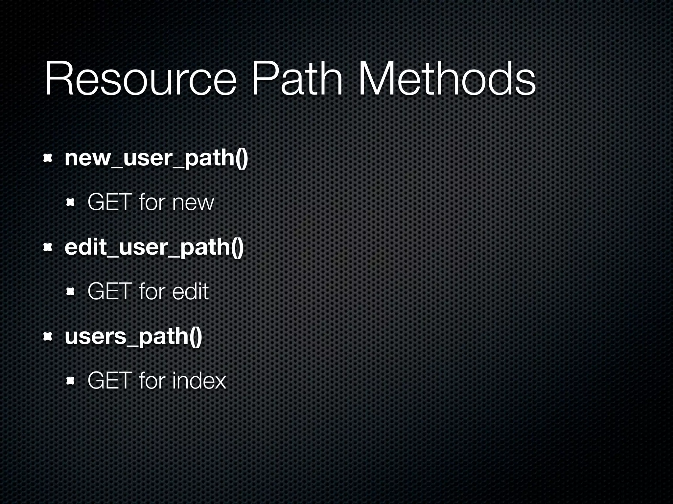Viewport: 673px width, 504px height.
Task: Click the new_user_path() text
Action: click(x=156, y=158)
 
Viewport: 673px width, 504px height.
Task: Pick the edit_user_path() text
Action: click(x=154, y=248)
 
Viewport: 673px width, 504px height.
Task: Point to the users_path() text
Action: click(x=133, y=337)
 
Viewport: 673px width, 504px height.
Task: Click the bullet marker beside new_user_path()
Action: click(x=48, y=159)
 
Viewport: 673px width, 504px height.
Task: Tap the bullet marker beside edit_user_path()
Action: click(x=48, y=248)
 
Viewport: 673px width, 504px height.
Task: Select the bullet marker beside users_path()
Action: click(x=48, y=337)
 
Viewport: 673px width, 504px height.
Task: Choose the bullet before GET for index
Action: click(x=70, y=381)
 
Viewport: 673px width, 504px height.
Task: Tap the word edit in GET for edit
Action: click(x=190, y=292)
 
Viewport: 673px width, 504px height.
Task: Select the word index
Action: click(x=199, y=381)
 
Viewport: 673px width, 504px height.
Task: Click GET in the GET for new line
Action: click(x=109, y=202)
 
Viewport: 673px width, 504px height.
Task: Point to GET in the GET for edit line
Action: click(x=109, y=292)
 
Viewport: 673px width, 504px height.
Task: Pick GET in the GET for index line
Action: click(x=109, y=381)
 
